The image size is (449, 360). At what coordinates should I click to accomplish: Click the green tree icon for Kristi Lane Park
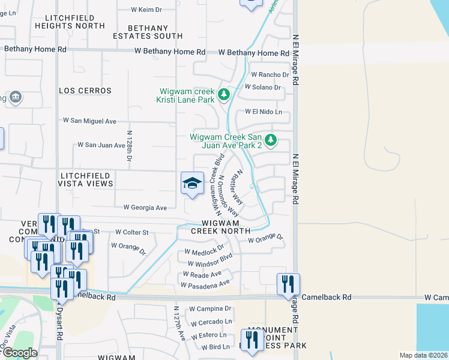pyautogui.click(x=224, y=95)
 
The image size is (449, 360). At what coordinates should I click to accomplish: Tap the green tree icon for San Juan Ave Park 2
pyautogui.click(x=271, y=140)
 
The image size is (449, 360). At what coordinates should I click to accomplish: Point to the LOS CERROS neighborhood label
pyautogui.click(x=85, y=91)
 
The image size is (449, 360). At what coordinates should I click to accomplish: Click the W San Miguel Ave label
pyautogui.click(x=89, y=121)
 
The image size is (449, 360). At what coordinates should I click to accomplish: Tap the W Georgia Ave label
pyautogui.click(x=145, y=207)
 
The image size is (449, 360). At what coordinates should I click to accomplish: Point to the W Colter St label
pyautogui.click(x=131, y=232)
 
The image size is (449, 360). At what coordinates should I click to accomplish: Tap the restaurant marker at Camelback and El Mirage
pyautogui.click(x=289, y=283)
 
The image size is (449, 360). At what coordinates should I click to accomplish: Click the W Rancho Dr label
pyautogui.click(x=270, y=75)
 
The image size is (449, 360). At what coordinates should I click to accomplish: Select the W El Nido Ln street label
pyautogui.click(x=264, y=112)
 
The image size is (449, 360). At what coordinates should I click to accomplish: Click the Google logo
pyautogui.click(x=20, y=353)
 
